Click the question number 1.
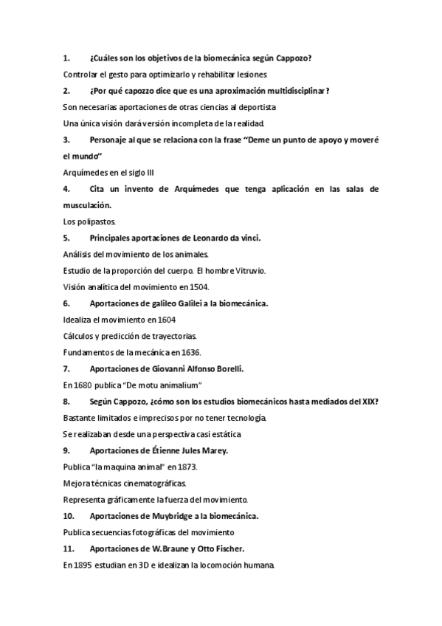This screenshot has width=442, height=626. click(x=66, y=58)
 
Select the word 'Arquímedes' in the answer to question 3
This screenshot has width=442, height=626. click(x=86, y=173)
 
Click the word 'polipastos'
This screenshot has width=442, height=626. click(x=97, y=221)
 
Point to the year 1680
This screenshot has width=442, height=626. click(x=83, y=385)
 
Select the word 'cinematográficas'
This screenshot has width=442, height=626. click(x=156, y=483)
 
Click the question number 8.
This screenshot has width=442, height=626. click(x=66, y=401)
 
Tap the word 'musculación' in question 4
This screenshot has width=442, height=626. click(x=86, y=204)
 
